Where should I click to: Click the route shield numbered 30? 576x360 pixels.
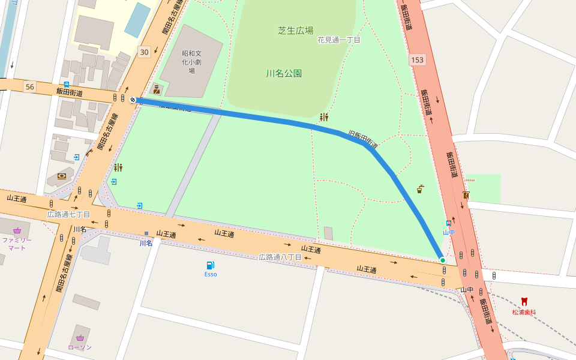point(143,52)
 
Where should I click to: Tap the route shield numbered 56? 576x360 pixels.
point(30,87)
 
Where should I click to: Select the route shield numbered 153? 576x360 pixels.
point(418,60)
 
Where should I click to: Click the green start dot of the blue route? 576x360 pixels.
point(442,260)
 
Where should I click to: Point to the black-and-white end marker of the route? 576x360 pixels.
point(132,100)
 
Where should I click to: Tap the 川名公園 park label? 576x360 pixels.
point(284,74)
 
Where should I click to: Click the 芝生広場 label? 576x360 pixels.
point(295,31)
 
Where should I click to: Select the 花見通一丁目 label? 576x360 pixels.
point(339,40)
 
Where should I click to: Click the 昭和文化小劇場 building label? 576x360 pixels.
point(192,61)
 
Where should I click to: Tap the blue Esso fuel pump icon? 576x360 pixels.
point(210,265)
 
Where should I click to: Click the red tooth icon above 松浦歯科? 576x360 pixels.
point(524,302)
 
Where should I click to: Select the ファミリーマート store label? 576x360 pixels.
point(17,243)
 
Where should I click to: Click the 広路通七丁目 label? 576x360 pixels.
point(68,214)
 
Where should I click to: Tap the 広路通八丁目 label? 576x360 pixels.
point(280,257)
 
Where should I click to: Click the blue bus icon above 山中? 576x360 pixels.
point(448,223)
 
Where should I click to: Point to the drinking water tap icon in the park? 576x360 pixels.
point(420,189)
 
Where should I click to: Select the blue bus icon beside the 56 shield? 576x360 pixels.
point(67,85)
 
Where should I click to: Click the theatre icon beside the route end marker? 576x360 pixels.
point(157,89)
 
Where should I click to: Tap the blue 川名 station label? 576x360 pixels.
point(146,243)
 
